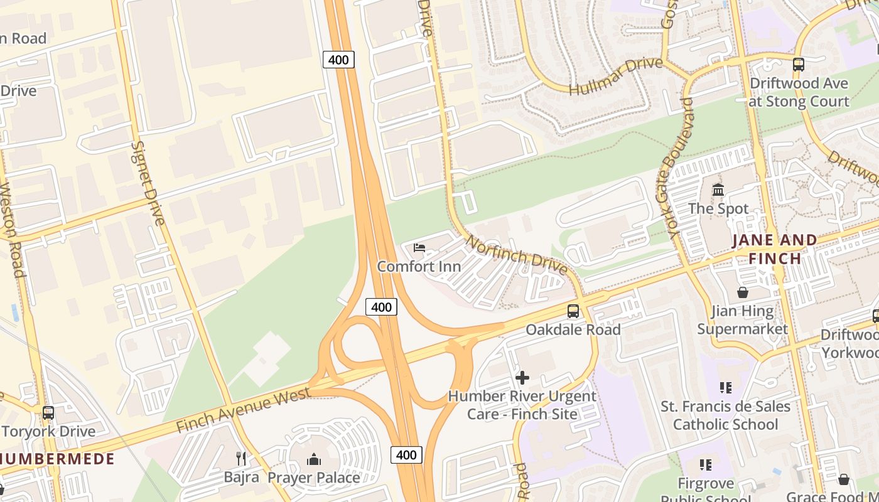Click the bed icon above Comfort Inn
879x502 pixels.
[x=419, y=248]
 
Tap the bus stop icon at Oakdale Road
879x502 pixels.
[x=573, y=311]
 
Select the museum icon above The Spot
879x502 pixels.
[x=718, y=190]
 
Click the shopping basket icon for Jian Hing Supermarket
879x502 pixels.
[x=742, y=292]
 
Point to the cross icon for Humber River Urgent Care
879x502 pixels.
[x=522, y=378]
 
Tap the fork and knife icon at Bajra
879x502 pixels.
[x=241, y=459]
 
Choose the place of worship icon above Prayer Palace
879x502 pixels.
[x=314, y=459]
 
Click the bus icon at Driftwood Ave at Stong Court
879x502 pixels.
[x=798, y=65]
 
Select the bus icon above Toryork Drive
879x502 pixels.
[x=48, y=413]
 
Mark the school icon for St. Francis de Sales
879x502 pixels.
[x=726, y=388]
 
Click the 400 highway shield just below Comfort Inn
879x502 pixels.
[x=381, y=307]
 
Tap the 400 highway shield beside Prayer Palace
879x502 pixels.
[x=406, y=455]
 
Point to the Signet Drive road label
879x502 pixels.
[x=148, y=183]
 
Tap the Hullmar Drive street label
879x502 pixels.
[x=615, y=76]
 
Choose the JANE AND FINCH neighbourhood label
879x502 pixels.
[x=775, y=249]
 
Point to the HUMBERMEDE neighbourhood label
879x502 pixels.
[x=58, y=459]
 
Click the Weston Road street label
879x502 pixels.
[x=11, y=229]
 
